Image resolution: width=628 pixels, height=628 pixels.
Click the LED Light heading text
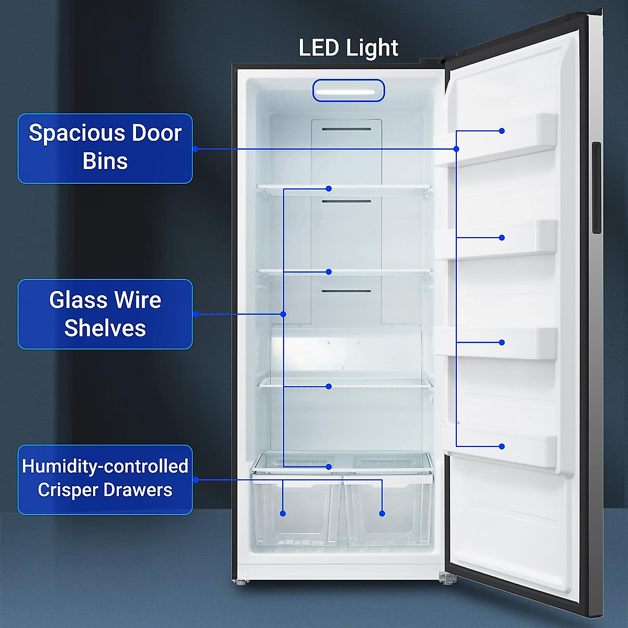348,48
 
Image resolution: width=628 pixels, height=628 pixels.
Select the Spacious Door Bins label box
105,149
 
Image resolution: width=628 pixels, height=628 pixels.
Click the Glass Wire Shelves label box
105,314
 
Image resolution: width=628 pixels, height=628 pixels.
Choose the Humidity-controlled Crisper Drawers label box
105,479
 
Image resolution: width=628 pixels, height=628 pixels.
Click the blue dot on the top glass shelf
329,188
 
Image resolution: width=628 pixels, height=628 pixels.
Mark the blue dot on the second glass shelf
329,272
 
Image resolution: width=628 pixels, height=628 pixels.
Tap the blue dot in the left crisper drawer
283,513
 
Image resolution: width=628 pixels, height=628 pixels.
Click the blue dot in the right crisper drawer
382,513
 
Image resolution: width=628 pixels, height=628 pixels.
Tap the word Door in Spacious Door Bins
156,133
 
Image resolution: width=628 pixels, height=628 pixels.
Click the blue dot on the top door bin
502,131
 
